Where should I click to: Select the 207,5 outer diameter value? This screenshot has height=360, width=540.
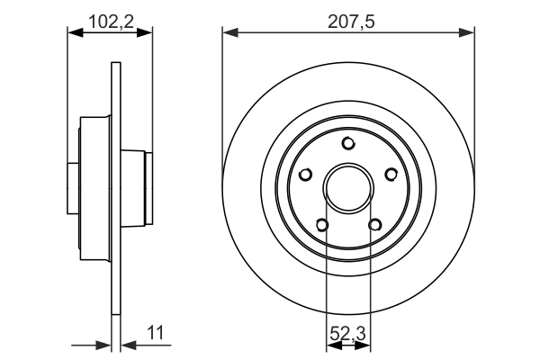tap(349, 19)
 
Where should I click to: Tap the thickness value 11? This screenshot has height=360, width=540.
tap(157, 332)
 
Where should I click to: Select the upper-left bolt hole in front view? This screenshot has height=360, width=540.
tap(306, 175)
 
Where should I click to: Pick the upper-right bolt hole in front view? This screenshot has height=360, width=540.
tap(391, 175)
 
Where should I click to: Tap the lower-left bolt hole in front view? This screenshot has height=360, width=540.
tap(322, 226)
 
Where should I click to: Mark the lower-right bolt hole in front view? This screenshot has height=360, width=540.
tap(375, 226)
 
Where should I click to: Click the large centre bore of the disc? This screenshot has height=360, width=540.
tap(349, 189)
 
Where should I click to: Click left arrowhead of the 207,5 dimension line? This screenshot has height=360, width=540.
tap(229, 33)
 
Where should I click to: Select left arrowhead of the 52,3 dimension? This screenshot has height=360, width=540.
tap(331, 344)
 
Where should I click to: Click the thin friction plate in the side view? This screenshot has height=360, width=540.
tap(114, 270)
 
